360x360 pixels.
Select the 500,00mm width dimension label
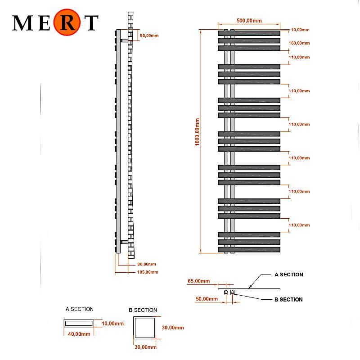point(249,21)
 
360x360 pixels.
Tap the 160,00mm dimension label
point(300,43)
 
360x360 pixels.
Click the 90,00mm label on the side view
point(148,36)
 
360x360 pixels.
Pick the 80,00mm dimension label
point(147,264)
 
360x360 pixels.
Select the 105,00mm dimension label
point(148,272)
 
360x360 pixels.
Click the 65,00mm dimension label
point(198,281)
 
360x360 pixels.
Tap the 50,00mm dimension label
point(207,299)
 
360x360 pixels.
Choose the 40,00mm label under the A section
point(79,334)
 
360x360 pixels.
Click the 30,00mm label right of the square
point(173,328)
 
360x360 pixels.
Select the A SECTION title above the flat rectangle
point(79,309)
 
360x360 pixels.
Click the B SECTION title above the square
point(143,310)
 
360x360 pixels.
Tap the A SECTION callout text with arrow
point(288,274)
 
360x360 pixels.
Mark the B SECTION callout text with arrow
point(288,300)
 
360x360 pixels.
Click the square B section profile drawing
point(145,328)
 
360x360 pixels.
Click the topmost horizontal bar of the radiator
point(249,33)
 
